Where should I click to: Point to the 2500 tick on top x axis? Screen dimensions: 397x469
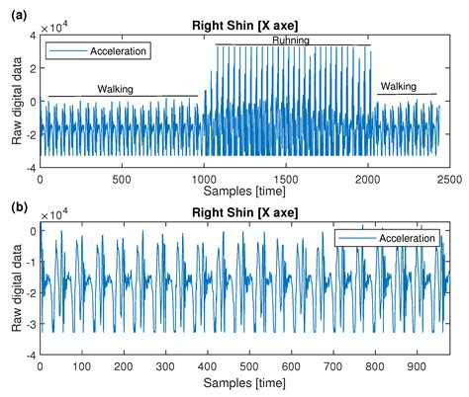448,180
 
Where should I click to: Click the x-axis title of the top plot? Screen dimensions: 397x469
244,191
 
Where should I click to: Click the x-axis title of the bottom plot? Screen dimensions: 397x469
244,381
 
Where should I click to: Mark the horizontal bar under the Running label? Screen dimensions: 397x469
294,45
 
